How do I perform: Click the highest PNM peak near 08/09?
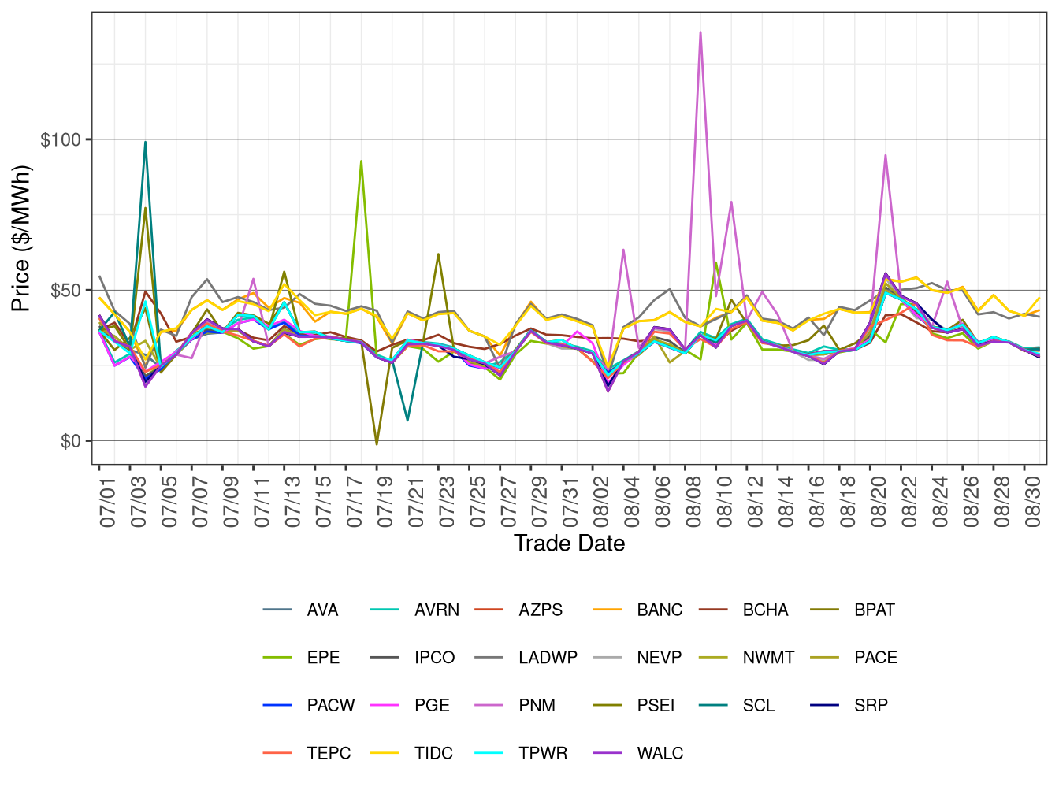click(700, 32)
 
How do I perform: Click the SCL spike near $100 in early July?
click(145, 143)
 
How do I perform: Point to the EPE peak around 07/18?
click(361, 161)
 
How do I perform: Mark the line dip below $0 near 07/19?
click(377, 444)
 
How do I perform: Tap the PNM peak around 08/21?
click(886, 155)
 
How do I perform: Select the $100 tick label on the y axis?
click(61, 140)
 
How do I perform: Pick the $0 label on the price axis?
click(70, 441)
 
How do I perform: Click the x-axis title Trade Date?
click(569, 544)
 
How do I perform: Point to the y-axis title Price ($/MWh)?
click(21, 238)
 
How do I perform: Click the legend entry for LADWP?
click(548, 658)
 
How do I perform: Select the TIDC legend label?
click(433, 753)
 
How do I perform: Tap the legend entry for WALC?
click(660, 753)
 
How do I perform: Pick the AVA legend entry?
click(322, 610)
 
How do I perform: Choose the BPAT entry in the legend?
click(874, 610)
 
